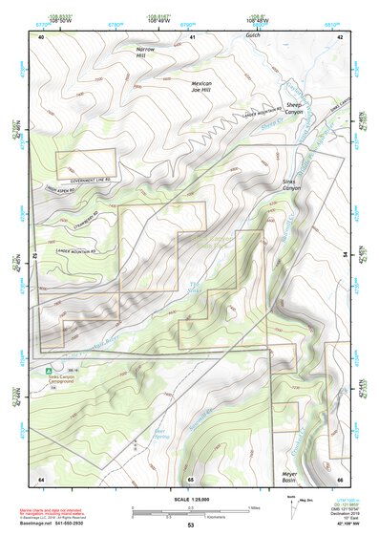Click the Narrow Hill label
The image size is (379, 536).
(x=145, y=52)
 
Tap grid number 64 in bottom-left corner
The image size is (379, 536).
(x=41, y=478)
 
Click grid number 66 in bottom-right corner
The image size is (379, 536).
(x=340, y=478)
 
